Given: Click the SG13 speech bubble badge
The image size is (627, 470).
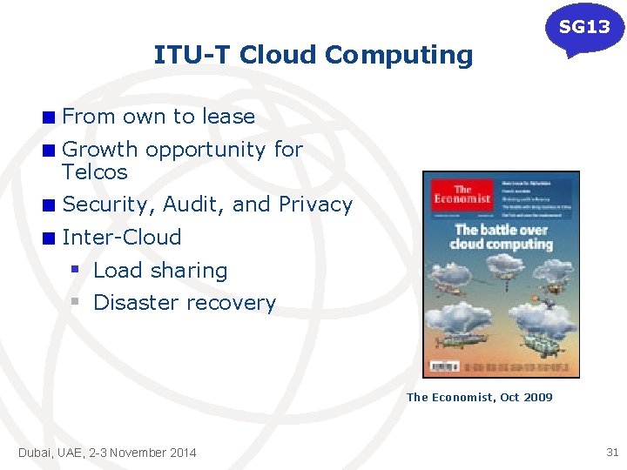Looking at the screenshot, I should pyautogui.click(x=584, y=28).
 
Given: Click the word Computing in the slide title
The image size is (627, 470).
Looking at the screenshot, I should pyautogui.click(x=399, y=55).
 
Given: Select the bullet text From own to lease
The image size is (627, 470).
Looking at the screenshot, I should pyautogui.click(x=158, y=117).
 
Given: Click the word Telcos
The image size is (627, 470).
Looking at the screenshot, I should pyautogui.click(x=95, y=172).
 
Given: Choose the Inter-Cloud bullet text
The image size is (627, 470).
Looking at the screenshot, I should pyautogui.click(x=122, y=237).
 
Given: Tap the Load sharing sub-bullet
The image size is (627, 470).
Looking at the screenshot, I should pyautogui.click(x=159, y=271).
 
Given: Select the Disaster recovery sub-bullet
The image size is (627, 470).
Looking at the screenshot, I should pyautogui.click(x=184, y=303).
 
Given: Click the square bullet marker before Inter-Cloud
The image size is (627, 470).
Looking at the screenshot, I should pyautogui.click(x=51, y=238).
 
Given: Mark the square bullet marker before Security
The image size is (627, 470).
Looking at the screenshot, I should pyautogui.click(x=51, y=205).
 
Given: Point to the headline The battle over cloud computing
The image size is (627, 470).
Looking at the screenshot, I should pyautogui.click(x=501, y=237).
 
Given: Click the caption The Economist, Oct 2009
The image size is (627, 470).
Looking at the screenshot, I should pyautogui.click(x=479, y=397).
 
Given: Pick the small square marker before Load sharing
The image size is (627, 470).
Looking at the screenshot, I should pyautogui.click(x=76, y=270).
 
